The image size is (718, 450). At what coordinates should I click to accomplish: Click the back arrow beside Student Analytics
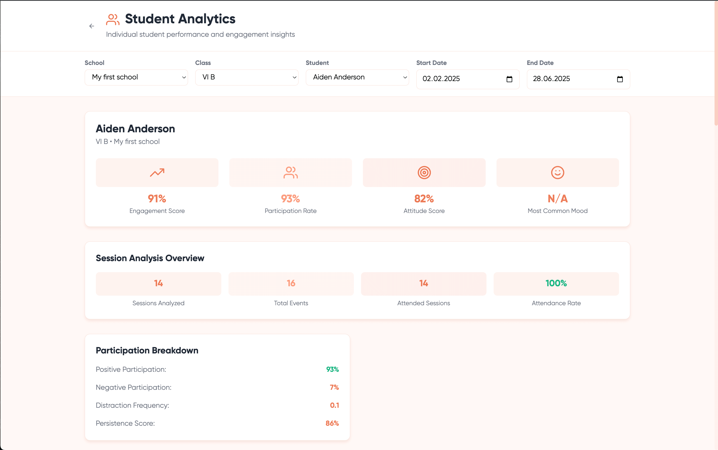92,26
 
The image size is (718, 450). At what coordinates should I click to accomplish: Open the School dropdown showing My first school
136,77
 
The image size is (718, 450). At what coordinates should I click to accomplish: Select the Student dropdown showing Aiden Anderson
357,77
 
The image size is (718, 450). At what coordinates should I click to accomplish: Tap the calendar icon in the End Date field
620,79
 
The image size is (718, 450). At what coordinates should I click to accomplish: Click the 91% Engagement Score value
157,198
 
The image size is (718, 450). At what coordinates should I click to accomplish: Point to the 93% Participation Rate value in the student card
290,198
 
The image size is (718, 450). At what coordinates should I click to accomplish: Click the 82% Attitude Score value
424,198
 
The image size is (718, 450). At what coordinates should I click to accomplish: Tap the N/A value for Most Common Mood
557,198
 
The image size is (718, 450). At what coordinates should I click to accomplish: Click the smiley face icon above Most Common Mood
557,173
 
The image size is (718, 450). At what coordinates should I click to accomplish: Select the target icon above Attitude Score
424,173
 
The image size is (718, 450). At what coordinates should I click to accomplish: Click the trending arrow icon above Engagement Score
157,173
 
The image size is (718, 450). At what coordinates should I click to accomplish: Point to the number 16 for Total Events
291,283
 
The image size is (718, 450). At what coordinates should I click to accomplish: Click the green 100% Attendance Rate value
556,283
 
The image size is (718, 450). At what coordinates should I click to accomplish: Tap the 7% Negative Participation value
334,387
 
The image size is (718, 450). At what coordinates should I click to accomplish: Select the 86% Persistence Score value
332,423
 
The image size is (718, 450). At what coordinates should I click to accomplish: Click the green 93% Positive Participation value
332,369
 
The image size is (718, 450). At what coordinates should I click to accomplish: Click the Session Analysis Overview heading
150,258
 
